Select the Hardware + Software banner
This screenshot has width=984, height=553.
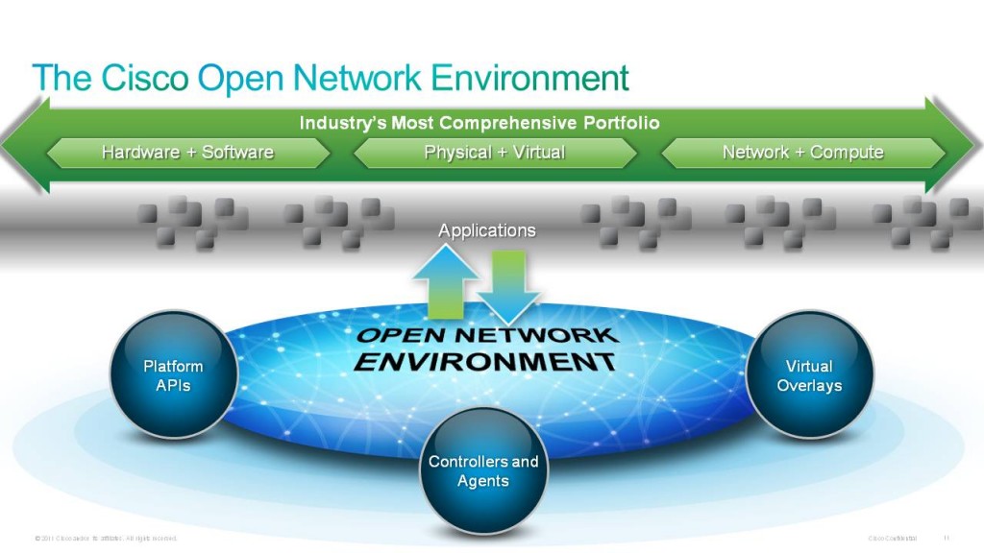coord(187,153)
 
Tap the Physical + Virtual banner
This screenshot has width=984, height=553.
coord(494,153)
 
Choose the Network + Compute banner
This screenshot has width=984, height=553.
coord(802,153)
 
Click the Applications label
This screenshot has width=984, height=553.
coord(487,230)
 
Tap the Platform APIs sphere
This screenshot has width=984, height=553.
coord(174,375)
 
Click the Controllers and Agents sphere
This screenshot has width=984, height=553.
coord(483,470)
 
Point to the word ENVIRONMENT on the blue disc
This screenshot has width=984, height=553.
coord(484,362)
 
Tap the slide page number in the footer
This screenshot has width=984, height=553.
coord(946,537)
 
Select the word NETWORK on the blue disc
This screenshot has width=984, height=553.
coord(548,335)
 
